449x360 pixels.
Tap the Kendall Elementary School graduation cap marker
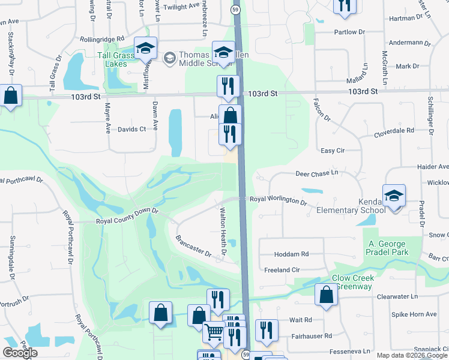[x=394, y=196]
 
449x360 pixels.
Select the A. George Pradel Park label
[x=388, y=248]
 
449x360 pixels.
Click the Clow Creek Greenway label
[x=354, y=282]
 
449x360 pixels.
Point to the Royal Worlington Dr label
[x=278, y=200]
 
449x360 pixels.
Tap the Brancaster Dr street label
[x=193, y=247]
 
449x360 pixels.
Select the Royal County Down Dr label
[x=127, y=216]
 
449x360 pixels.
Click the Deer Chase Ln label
[x=317, y=173]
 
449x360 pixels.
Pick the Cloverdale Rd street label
[x=394, y=130]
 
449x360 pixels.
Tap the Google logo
[x=20, y=353]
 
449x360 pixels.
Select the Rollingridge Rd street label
[x=101, y=39]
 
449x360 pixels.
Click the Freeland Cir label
[x=282, y=270]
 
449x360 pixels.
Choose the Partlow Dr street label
[x=349, y=32]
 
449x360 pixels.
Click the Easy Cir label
[x=331, y=151]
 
